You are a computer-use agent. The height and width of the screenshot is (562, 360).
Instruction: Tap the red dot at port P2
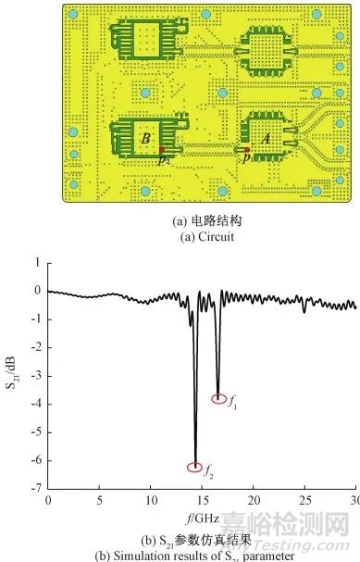pos(161,149)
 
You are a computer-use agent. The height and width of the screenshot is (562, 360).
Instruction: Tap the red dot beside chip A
pos(248,149)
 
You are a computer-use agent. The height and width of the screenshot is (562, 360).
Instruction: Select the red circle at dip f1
pos(219,399)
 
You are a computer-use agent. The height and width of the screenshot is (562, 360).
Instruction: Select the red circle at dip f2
pos(194,467)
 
